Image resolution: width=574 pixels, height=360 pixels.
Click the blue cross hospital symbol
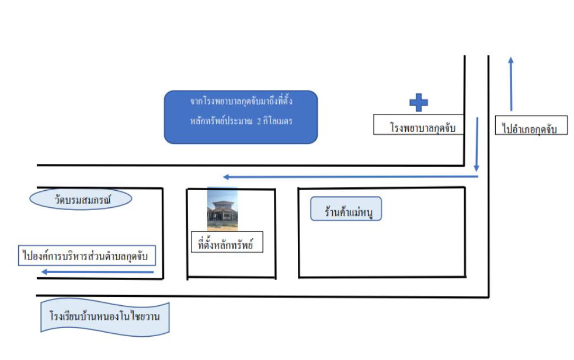tap(419, 103)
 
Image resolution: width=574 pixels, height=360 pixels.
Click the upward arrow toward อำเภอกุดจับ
tap(511, 84)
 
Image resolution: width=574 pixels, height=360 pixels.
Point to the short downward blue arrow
tap(476, 144)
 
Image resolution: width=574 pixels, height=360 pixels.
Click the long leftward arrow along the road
tap(351, 177)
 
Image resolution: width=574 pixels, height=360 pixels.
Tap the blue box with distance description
tap(241, 117)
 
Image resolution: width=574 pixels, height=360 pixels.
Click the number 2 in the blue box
tap(259, 121)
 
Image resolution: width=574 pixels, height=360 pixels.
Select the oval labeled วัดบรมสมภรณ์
tap(81, 200)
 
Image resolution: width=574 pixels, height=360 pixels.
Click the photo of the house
tap(222, 209)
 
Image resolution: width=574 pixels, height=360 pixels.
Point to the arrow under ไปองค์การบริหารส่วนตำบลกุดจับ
tap(98, 272)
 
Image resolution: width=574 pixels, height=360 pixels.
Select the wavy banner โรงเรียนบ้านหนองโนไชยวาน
tap(105, 316)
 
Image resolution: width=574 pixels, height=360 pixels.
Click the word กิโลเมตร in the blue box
tap(278, 121)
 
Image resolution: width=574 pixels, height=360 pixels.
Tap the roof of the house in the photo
tap(222, 205)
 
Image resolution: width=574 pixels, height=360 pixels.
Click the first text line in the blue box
tap(241, 101)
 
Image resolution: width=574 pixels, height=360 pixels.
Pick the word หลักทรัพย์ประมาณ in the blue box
tap(221, 121)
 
